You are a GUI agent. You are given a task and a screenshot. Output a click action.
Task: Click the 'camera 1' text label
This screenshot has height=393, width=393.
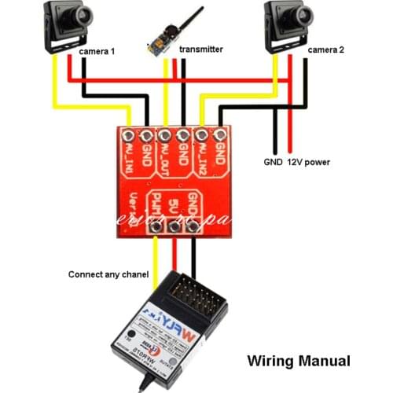click(97, 51)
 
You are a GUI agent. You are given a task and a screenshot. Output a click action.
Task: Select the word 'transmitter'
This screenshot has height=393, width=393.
click(201, 49)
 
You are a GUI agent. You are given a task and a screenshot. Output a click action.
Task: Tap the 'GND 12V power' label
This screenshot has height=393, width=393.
click(296, 163)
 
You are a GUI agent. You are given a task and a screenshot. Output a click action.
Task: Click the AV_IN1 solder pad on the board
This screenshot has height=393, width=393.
click(128, 136)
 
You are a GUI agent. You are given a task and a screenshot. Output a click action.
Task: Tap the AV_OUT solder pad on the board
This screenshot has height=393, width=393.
click(165, 136)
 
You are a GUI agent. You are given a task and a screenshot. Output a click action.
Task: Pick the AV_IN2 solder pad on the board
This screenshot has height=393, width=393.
click(202, 136)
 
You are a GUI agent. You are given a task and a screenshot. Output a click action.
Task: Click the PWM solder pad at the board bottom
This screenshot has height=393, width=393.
click(157, 228)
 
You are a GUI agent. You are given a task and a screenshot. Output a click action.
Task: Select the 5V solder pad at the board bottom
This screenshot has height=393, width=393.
click(174, 228)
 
